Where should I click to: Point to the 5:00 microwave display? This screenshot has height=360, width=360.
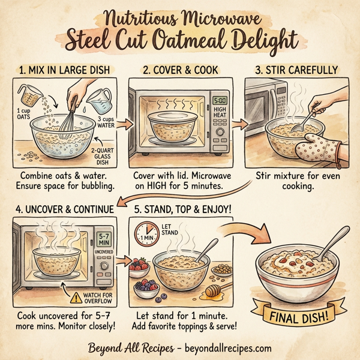(219, 101)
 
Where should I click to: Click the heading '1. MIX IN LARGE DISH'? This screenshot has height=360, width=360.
(65, 70)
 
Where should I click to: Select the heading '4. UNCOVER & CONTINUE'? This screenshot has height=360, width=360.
(61, 210)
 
